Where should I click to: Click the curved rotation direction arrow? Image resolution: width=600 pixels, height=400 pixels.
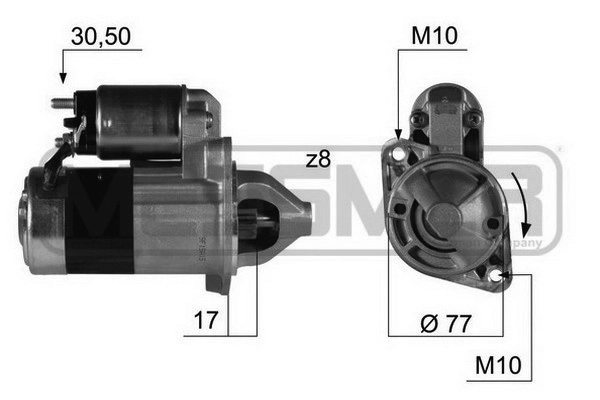518,197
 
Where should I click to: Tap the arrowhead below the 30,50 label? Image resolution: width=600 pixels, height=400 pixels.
61,77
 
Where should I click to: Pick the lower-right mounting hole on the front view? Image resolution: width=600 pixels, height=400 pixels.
498,275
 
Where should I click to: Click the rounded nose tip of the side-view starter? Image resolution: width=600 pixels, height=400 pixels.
307,212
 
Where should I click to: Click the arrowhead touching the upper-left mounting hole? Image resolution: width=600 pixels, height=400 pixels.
398,136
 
